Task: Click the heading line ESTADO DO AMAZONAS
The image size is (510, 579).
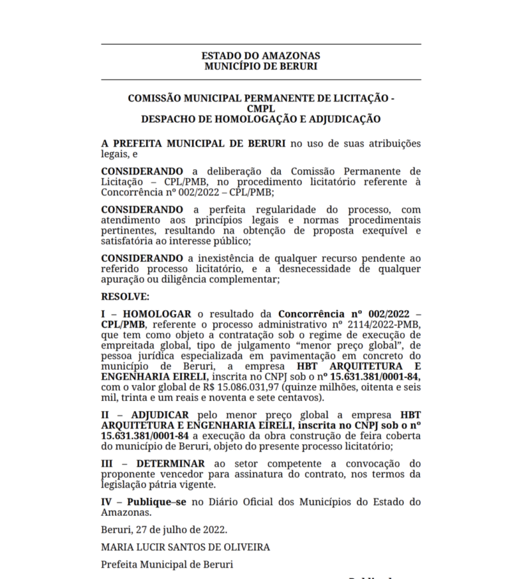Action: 260,56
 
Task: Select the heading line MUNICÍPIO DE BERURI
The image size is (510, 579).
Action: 260,66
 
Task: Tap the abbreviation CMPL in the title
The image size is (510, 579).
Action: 260,109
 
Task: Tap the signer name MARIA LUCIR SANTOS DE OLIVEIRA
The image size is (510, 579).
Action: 186,548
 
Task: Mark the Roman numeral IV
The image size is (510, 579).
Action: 107,502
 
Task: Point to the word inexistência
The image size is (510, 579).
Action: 221,258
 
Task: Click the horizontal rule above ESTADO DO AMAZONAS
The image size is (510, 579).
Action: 260,44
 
